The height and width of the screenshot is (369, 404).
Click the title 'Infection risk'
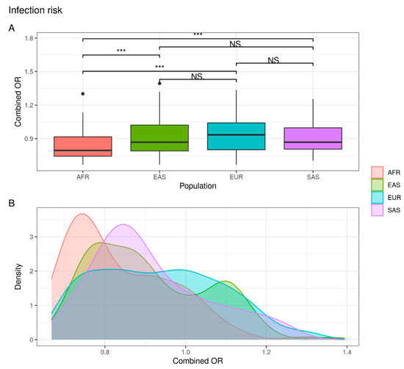click(33, 10)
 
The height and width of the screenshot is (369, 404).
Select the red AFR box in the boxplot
click(83, 146)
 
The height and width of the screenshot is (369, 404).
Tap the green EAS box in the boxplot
click(159, 137)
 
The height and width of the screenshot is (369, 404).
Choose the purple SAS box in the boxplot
click(312, 138)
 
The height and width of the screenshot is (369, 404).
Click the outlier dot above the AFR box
click(83, 93)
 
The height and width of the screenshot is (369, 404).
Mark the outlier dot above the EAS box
click(159, 83)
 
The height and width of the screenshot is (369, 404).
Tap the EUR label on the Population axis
click(236, 177)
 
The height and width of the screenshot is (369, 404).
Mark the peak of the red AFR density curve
click(82, 214)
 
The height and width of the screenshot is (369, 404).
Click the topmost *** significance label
click(198, 35)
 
